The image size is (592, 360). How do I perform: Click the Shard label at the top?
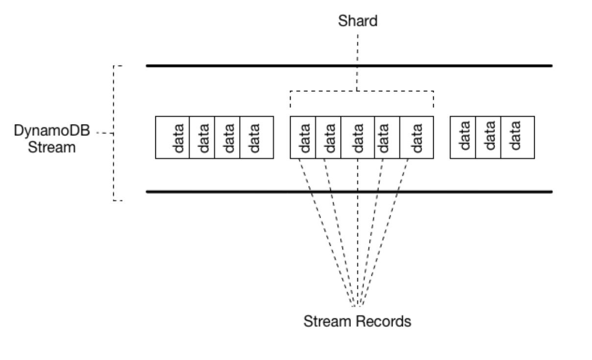[x=357, y=22]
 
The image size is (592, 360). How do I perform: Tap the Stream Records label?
[x=357, y=322]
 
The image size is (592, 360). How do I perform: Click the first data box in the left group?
[x=173, y=137]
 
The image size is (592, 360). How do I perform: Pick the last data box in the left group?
[x=256, y=137]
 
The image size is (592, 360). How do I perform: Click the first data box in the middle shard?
[x=303, y=137]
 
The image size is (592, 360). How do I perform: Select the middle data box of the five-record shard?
[x=358, y=137]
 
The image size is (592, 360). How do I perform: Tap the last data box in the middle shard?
[x=417, y=137]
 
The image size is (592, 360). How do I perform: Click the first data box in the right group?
[x=463, y=137]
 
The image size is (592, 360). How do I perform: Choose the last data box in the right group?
[x=518, y=137]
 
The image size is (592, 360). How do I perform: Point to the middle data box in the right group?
[x=488, y=137]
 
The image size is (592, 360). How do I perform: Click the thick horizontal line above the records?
[x=349, y=66]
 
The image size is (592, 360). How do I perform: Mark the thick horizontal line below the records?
[x=349, y=192]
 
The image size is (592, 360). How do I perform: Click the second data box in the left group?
[x=202, y=137]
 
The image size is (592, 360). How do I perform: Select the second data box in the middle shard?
[x=328, y=137]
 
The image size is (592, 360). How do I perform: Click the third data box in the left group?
[x=227, y=137]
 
